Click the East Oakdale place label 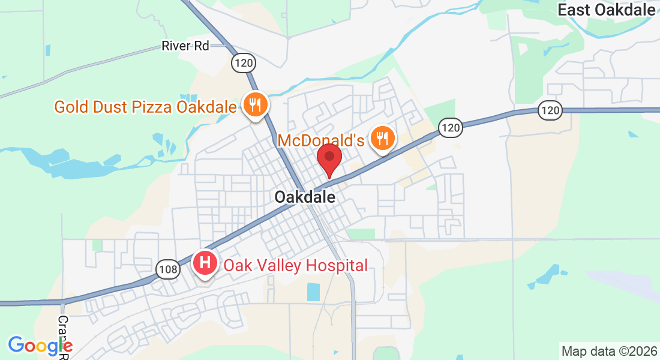pyautogui.click(x=605, y=10)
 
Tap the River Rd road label pyautogui.click(x=185, y=46)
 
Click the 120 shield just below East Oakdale pyautogui.click(x=550, y=110)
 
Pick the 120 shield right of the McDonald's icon pyautogui.click(x=451, y=127)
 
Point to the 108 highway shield pyautogui.click(x=169, y=269)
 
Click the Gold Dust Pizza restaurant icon pyautogui.click(x=256, y=106)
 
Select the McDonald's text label pyautogui.click(x=321, y=141)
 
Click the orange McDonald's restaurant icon pyautogui.click(x=382, y=139)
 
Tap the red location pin pyautogui.click(x=329, y=159)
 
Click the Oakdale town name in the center pyautogui.click(x=305, y=196)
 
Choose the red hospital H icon pyautogui.click(x=205, y=263)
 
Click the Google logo pyautogui.click(x=40, y=345)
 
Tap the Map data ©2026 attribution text pyautogui.click(x=608, y=351)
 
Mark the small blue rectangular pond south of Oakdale pyautogui.click(x=314, y=292)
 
